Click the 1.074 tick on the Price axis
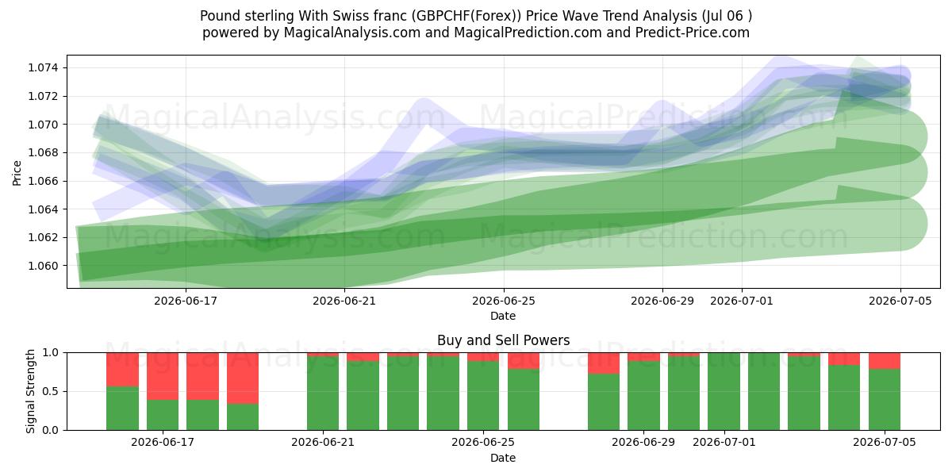[x=43, y=68]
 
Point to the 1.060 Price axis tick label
[x=43, y=266]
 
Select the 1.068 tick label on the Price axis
[x=43, y=152]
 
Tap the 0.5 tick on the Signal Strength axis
[x=50, y=391]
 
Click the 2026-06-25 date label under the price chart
[x=504, y=301]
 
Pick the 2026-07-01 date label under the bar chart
[x=724, y=442]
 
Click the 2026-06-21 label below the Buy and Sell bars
[x=323, y=442]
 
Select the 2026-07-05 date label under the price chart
[x=900, y=301]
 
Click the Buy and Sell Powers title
[x=503, y=340]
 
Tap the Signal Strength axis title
[x=30, y=391]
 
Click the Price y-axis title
[x=17, y=173]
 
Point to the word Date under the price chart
[x=503, y=316]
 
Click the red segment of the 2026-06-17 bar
[x=163, y=376]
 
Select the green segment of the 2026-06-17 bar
[x=163, y=415]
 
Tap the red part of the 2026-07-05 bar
[x=885, y=361]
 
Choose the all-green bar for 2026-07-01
[x=724, y=391]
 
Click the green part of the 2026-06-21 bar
[x=323, y=393]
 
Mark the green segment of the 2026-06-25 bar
[x=483, y=396]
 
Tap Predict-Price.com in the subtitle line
[x=693, y=33]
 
